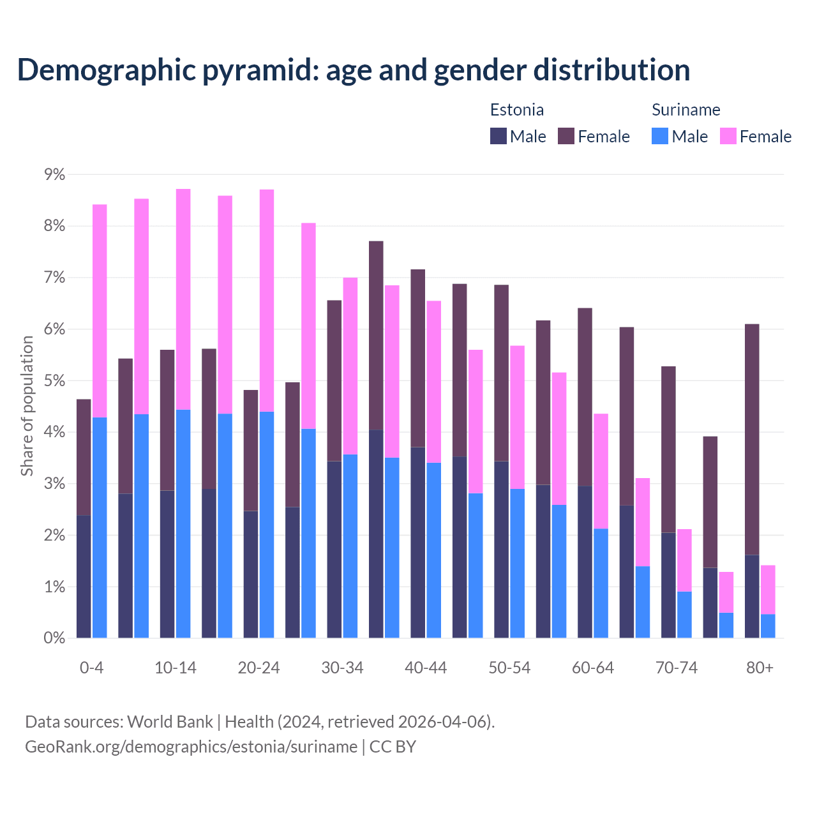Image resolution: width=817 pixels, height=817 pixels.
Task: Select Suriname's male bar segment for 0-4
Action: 100,527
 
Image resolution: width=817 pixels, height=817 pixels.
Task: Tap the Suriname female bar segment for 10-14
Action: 183,299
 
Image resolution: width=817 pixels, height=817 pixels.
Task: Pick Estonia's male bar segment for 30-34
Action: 334,549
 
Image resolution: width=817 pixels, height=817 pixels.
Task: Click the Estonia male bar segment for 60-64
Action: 585,562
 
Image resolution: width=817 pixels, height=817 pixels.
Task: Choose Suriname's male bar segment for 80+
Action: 768,626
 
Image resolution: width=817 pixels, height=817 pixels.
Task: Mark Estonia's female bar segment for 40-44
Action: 417,358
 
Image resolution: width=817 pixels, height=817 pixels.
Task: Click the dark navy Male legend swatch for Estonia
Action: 498,136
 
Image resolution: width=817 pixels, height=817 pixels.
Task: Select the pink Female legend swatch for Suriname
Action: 728,136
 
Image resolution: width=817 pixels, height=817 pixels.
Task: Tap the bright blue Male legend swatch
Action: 660,136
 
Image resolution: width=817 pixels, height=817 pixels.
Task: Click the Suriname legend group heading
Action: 686,110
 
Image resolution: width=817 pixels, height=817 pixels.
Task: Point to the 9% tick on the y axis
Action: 54,174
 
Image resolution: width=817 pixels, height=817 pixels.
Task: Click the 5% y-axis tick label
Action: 54,380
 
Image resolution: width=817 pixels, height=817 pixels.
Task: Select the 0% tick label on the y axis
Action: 54,638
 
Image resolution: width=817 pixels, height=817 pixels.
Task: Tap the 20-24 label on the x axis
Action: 259,668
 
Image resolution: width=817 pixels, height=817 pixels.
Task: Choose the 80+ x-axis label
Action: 760,668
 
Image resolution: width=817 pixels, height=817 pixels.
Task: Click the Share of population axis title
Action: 27,406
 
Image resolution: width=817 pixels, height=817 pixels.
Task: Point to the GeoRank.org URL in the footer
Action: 191,746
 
